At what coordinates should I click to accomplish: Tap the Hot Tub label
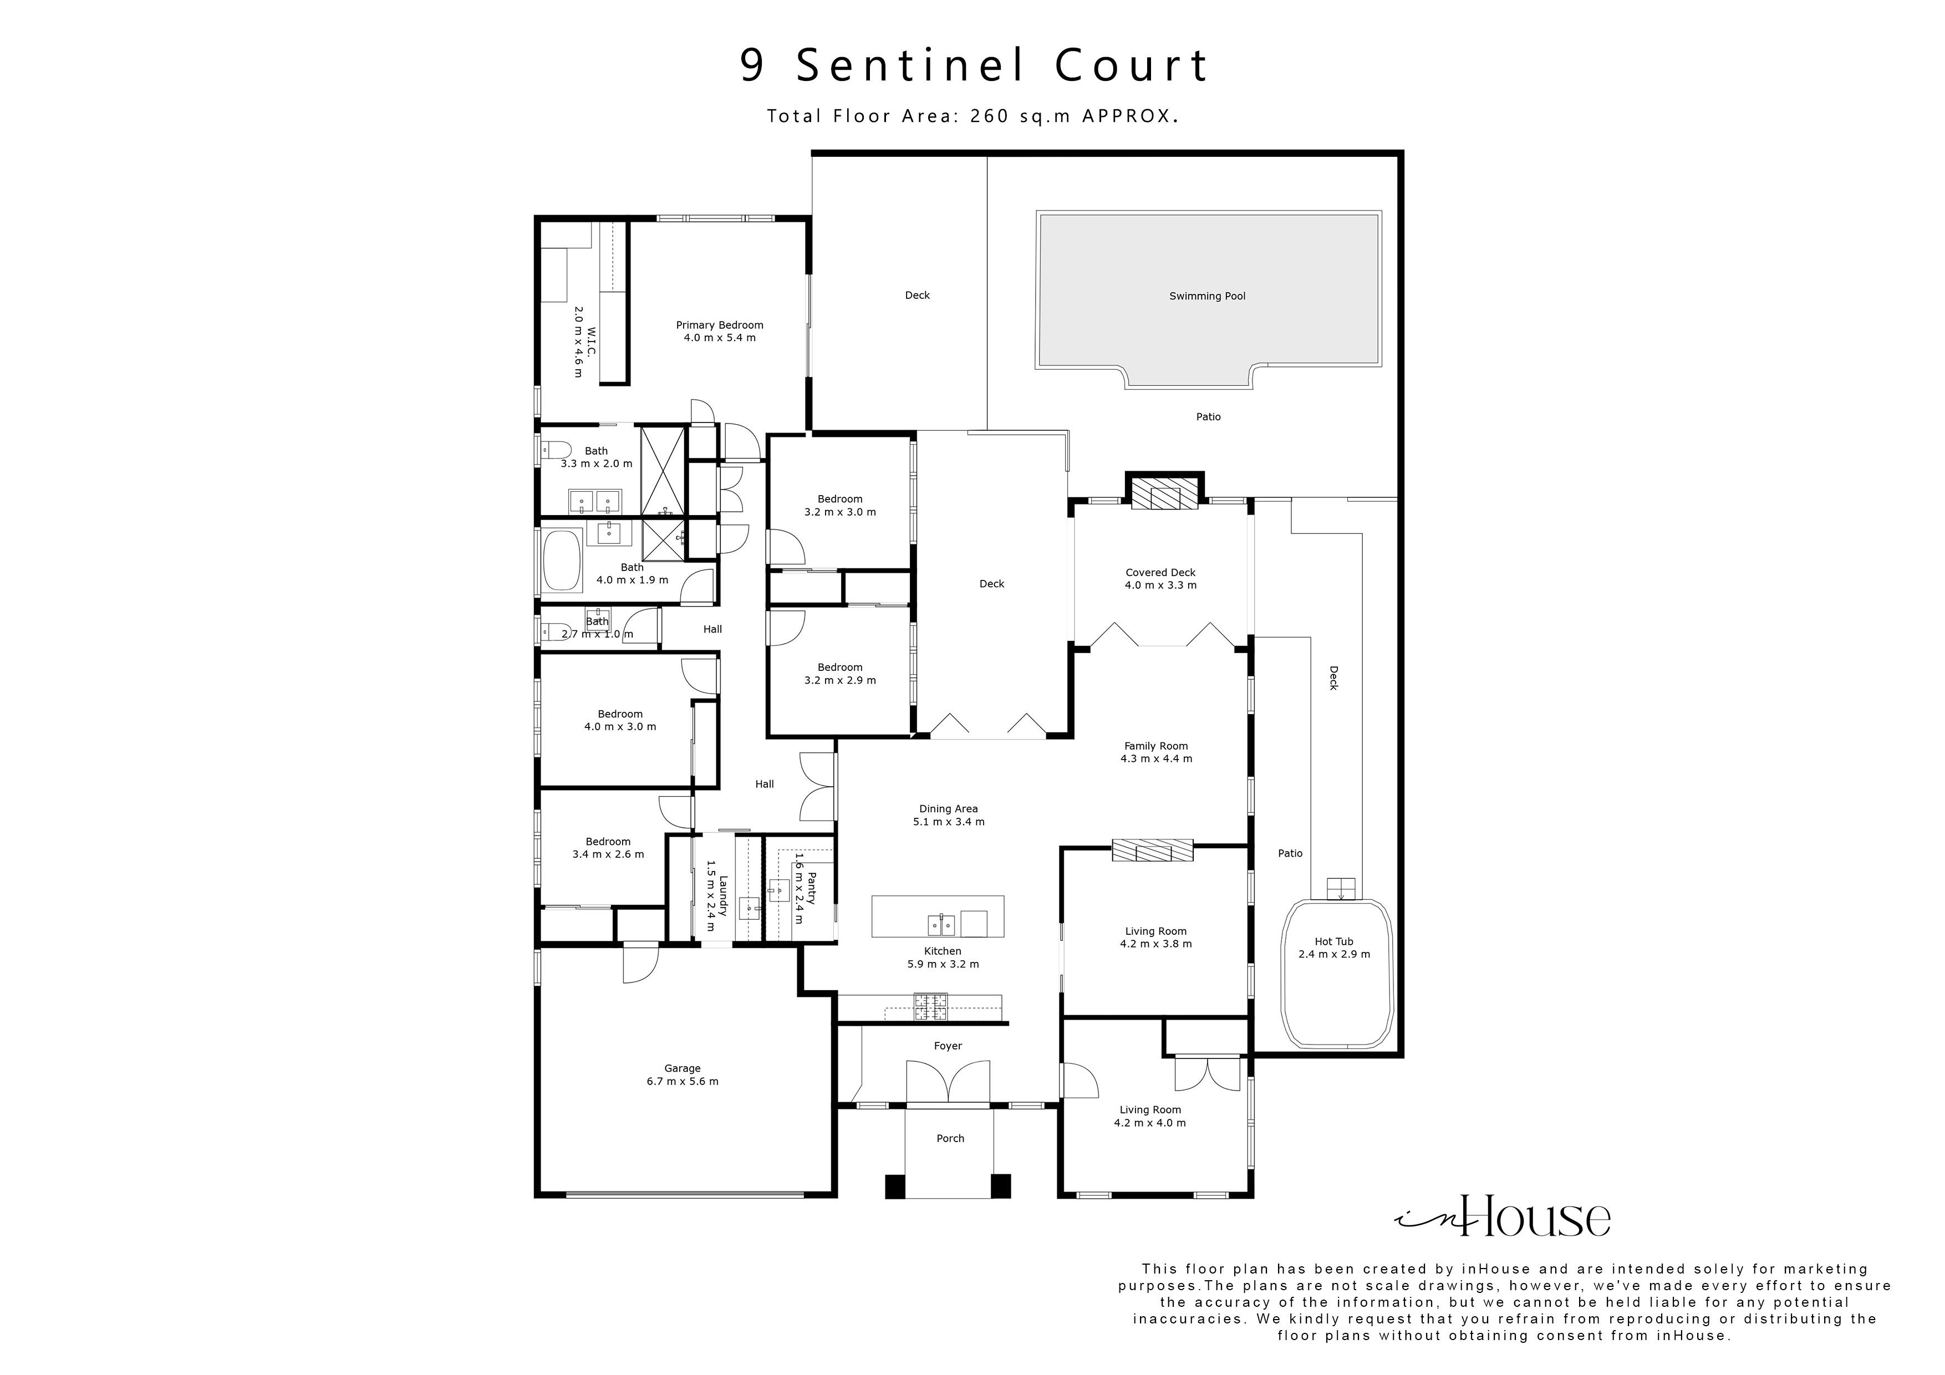(1333, 941)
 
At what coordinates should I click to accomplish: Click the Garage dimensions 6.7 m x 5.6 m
(682, 1082)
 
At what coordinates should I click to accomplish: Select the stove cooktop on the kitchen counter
(930, 1006)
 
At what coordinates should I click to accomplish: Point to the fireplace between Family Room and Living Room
(1152, 851)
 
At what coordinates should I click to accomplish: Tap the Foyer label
(948, 1046)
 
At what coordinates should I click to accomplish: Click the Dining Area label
(948, 809)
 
